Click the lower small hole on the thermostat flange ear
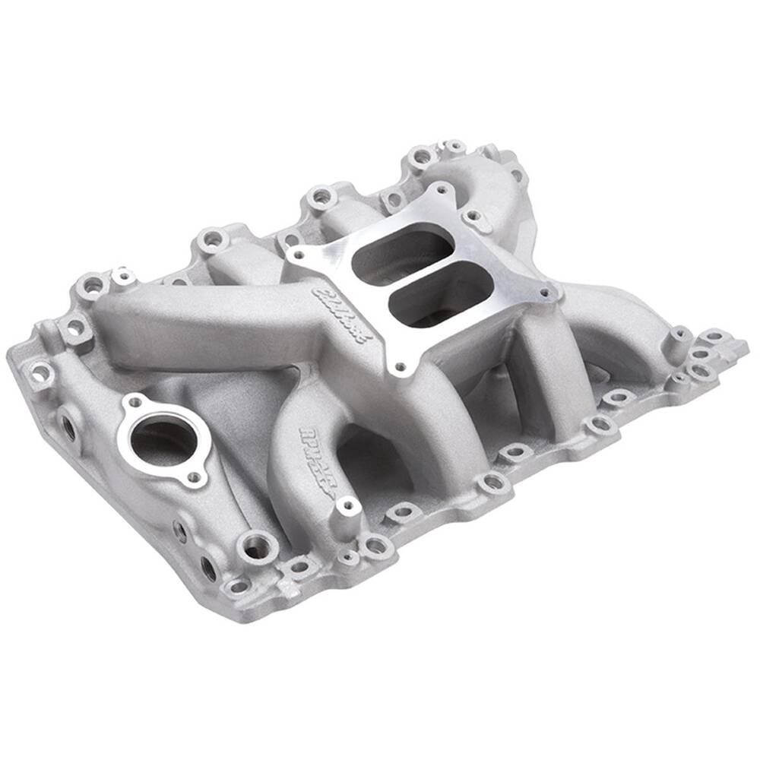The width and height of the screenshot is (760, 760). click(195, 477)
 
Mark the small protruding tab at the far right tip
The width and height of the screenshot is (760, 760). click(738, 346)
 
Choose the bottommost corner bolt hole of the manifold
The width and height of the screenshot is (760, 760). click(238, 586)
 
